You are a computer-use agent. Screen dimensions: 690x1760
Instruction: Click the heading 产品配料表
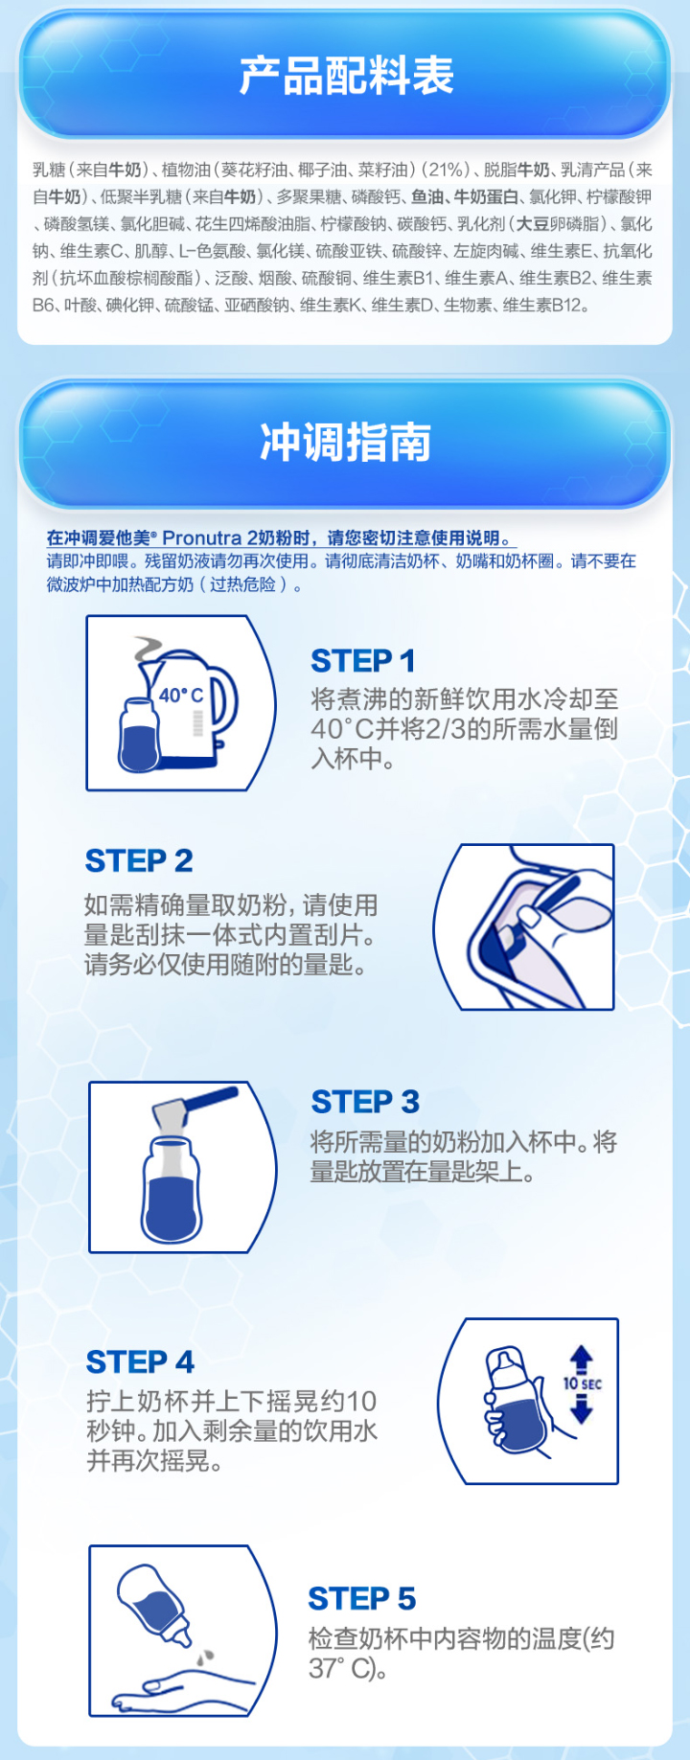(346, 76)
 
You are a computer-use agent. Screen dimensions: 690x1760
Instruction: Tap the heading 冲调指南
(346, 442)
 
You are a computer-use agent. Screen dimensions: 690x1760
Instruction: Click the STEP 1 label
(362, 660)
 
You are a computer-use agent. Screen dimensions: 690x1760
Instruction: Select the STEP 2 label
(139, 860)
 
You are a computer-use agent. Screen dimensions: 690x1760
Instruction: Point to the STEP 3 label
(365, 1102)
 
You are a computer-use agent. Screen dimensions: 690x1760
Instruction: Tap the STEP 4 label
(140, 1361)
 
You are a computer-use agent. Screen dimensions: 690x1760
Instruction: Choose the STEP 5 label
(361, 1598)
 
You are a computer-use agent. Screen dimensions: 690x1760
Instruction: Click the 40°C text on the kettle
(181, 695)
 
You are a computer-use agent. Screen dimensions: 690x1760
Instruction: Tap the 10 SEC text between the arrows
(582, 1383)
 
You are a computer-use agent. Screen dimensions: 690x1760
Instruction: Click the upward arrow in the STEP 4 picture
(581, 1360)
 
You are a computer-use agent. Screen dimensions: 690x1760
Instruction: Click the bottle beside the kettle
(140, 734)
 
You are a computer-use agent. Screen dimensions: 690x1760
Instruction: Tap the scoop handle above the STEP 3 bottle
(205, 1099)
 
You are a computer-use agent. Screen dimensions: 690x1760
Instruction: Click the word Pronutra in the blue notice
(202, 537)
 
